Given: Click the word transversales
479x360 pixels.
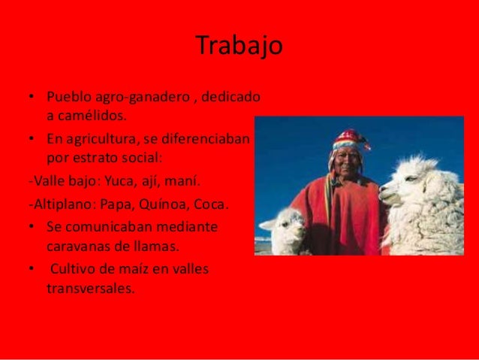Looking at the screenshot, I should click(x=90, y=286).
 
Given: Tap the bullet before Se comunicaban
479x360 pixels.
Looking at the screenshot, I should click(x=31, y=227).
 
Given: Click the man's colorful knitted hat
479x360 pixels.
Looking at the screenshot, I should click(x=348, y=140).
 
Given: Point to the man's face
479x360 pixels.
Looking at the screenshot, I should click(x=346, y=165).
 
